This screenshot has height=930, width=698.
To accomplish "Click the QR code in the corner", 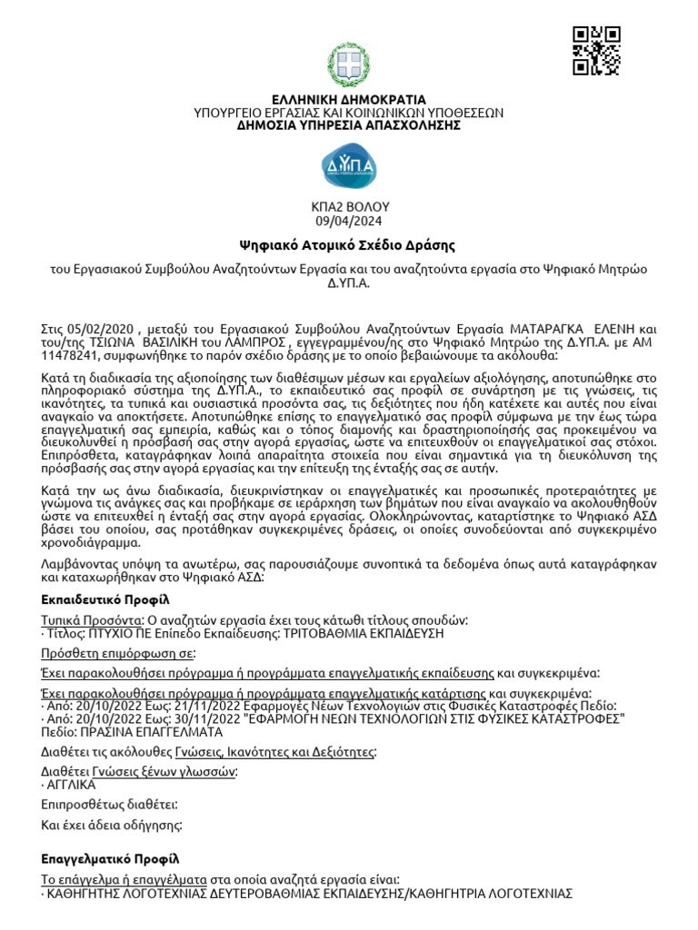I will tap(596, 51).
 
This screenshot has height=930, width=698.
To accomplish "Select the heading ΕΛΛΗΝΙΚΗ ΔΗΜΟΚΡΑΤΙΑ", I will tap(348, 99).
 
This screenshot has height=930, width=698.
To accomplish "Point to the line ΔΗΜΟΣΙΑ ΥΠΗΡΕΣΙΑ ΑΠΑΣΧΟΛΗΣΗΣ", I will tap(348, 125).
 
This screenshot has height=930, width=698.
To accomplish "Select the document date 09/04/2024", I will tap(348, 222).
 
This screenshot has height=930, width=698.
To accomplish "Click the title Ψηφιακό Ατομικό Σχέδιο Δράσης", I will tap(348, 245).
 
